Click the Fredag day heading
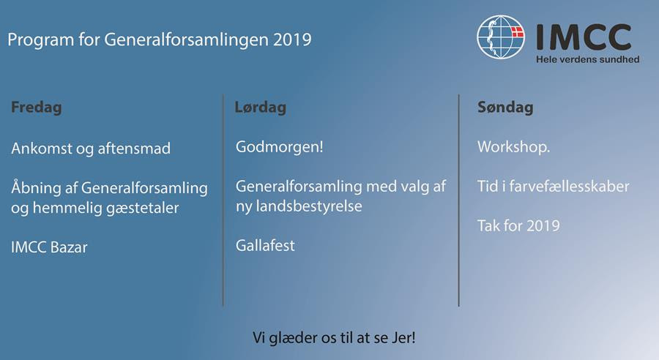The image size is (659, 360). (37, 108)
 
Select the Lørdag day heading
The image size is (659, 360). (261, 108)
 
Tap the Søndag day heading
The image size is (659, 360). (505, 108)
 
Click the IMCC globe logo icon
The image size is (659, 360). (501, 37)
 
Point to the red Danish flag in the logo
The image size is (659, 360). (517, 32)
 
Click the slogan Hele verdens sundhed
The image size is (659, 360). (587, 60)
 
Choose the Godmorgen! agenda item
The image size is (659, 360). (280, 148)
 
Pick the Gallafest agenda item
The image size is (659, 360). (265, 245)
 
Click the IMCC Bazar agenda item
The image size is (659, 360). (49, 247)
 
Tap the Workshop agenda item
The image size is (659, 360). (513, 147)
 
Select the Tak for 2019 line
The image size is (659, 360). (518, 225)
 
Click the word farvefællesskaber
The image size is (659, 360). (570, 186)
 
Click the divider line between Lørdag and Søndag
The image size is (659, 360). (458, 200)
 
